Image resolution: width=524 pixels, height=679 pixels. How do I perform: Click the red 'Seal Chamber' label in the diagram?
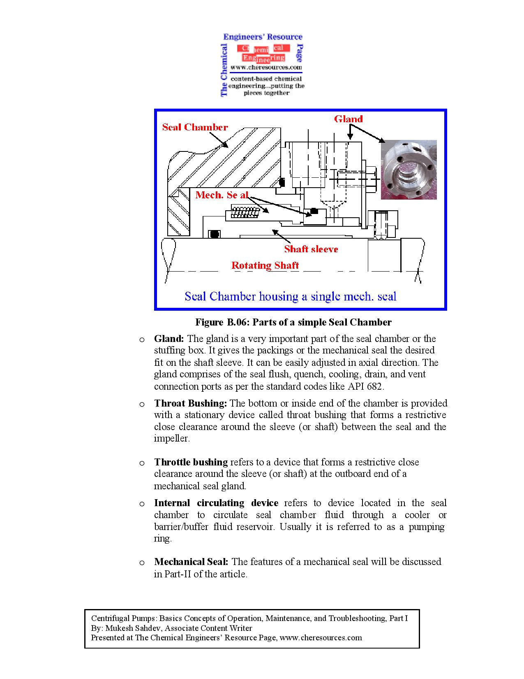[x=195, y=127]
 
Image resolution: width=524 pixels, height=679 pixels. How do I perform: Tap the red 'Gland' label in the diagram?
[x=348, y=119]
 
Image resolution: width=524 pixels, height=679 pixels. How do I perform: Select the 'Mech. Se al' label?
[x=222, y=195]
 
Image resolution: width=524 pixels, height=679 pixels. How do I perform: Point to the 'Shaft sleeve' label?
[x=311, y=249]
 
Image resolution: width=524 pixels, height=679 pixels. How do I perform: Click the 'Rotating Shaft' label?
[x=265, y=265]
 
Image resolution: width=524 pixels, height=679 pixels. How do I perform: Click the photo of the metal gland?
[x=408, y=170]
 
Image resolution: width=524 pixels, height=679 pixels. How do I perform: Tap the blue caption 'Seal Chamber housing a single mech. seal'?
[x=290, y=296]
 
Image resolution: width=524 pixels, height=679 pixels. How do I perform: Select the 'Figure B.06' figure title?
[x=293, y=322]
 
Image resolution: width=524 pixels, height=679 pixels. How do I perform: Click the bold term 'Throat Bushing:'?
[x=190, y=403]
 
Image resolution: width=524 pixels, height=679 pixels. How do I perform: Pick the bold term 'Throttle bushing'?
[x=191, y=462]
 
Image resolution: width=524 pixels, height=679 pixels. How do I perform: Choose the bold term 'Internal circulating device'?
[x=216, y=503]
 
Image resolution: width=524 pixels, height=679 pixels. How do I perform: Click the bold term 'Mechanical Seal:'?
[x=191, y=562]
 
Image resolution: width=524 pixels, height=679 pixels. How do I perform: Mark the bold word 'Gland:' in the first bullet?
[x=169, y=339]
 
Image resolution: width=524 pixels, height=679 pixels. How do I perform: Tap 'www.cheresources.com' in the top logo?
[x=266, y=67]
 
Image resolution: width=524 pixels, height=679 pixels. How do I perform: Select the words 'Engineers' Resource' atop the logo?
[x=263, y=37]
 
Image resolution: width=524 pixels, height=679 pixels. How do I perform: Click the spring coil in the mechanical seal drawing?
[x=245, y=212]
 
